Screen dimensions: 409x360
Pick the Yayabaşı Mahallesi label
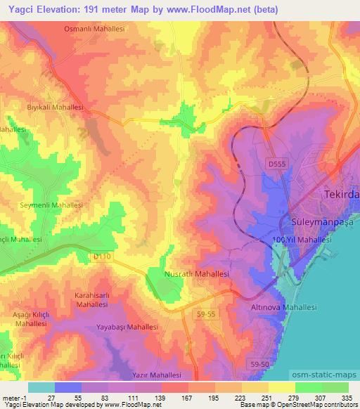127,327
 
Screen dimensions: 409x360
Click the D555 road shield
277,163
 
